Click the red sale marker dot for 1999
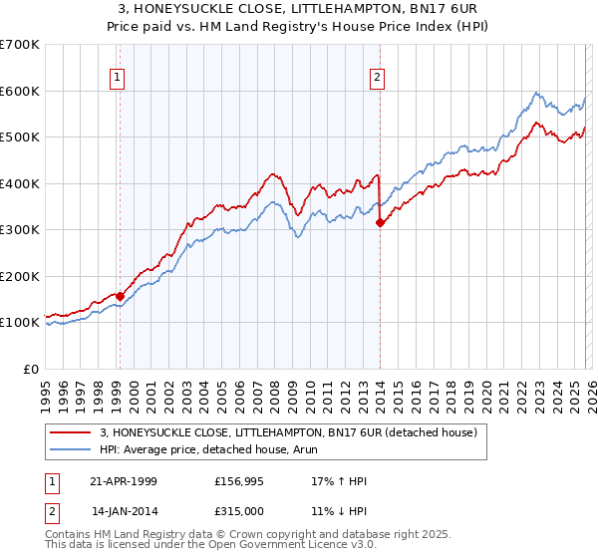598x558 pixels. (121, 296)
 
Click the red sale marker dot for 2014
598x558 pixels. (380, 223)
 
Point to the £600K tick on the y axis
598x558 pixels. (20, 91)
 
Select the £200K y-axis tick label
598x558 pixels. (20, 276)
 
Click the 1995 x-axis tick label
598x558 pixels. (46, 393)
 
